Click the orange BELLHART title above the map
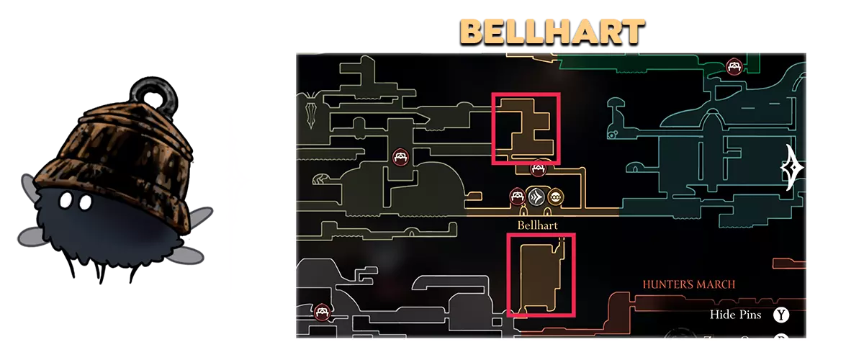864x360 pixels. point(552,31)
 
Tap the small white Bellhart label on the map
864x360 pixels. point(538,225)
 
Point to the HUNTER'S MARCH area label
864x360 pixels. point(689,284)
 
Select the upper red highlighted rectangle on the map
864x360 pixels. point(526,128)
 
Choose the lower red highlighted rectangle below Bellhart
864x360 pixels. point(541,275)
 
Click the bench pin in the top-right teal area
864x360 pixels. point(734,67)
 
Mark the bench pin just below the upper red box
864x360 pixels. point(537,169)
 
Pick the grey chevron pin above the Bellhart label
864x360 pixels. point(536,197)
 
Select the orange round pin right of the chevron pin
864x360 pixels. point(555,197)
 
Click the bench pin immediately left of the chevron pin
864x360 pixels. point(518,196)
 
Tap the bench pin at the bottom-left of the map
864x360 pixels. point(322,312)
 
